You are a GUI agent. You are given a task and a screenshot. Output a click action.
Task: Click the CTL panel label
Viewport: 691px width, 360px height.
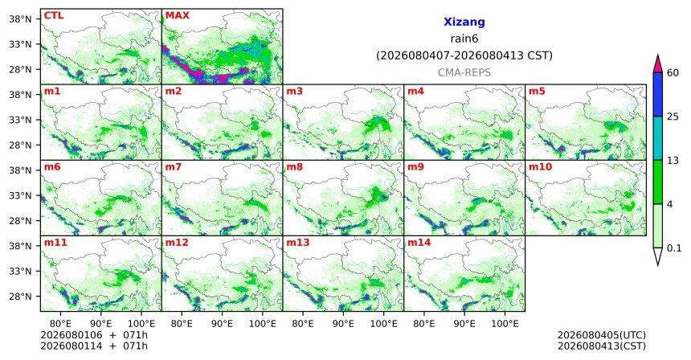54,16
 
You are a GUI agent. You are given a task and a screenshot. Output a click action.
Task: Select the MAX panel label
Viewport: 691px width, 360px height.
177,16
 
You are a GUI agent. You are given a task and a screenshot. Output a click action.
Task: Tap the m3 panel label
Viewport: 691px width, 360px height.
294,92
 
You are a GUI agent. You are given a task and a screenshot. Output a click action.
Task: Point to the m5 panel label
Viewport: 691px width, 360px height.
537,92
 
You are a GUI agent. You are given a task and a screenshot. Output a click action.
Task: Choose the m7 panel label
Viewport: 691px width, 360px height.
174,167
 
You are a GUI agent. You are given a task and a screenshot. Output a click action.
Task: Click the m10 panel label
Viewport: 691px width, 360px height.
540,167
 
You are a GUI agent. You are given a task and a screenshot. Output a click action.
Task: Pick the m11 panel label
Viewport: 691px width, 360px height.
55,243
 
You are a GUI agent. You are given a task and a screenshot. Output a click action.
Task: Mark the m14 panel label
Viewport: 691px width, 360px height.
419,243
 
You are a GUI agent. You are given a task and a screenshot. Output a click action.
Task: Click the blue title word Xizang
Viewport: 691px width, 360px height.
464,22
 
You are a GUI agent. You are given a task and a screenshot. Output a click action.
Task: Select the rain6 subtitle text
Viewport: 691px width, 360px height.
464,39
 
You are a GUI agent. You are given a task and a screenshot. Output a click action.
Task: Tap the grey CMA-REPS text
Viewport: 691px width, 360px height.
464,72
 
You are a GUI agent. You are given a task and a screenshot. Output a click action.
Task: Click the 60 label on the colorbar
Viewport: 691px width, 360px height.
673,73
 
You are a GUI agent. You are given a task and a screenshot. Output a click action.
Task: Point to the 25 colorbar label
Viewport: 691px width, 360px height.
673,117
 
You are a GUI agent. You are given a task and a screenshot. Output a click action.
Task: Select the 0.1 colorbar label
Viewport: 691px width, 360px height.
674,248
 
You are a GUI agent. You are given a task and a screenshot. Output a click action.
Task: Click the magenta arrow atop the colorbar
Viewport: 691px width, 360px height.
658,64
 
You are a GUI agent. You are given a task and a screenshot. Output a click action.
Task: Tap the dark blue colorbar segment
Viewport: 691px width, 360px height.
658,94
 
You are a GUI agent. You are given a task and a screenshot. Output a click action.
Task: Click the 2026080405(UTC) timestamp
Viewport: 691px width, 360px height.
602,336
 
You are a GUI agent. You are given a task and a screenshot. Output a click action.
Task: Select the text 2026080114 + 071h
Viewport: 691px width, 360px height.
94,346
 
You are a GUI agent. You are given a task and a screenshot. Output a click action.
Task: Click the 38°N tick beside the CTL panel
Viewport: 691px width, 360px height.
21,19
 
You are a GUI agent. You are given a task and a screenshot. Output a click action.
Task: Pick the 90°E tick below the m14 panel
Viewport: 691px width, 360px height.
464,324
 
